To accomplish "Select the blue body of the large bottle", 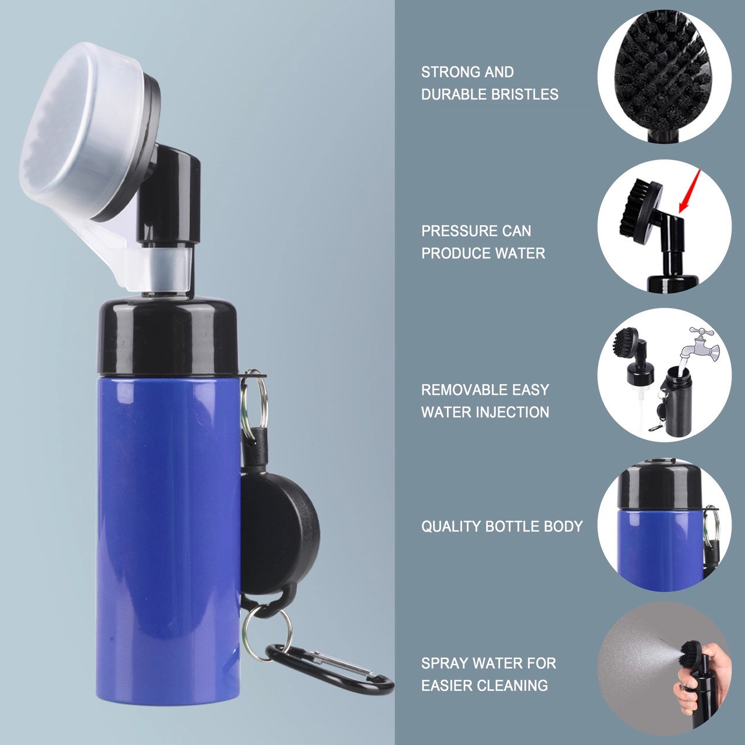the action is [168, 534].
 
